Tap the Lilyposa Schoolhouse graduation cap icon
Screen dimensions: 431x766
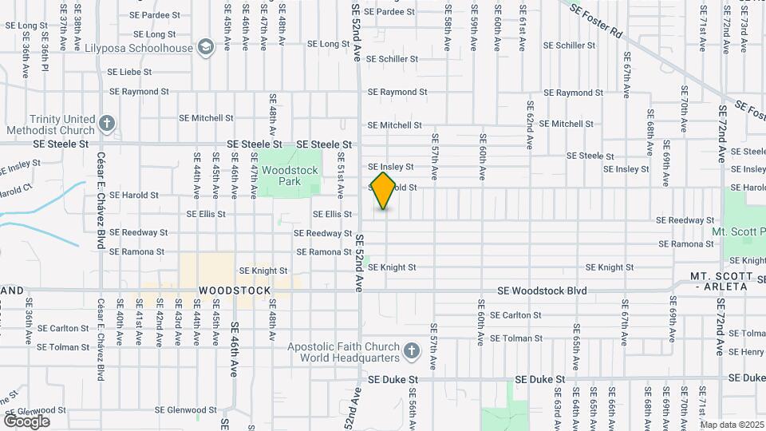pyautogui.click(x=207, y=48)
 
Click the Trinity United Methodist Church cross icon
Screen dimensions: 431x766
pyautogui.click(x=107, y=124)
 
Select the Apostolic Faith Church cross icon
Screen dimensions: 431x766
pyautogui.click(x=411, y=351)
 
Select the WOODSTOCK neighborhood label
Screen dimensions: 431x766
pyautogui.click(x=235, y=291)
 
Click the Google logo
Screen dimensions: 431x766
pyautogui.click(x=26, y=421)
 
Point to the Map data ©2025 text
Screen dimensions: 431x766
pyautogui.click(x=730, y=424)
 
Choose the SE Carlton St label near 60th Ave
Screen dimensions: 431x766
pyautogui.click(x=515, y=315)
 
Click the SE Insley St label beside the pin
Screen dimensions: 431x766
pyautogui.click(x=391, y=167)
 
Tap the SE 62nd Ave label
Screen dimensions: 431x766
pyautogui.click(x=529, y=125)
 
